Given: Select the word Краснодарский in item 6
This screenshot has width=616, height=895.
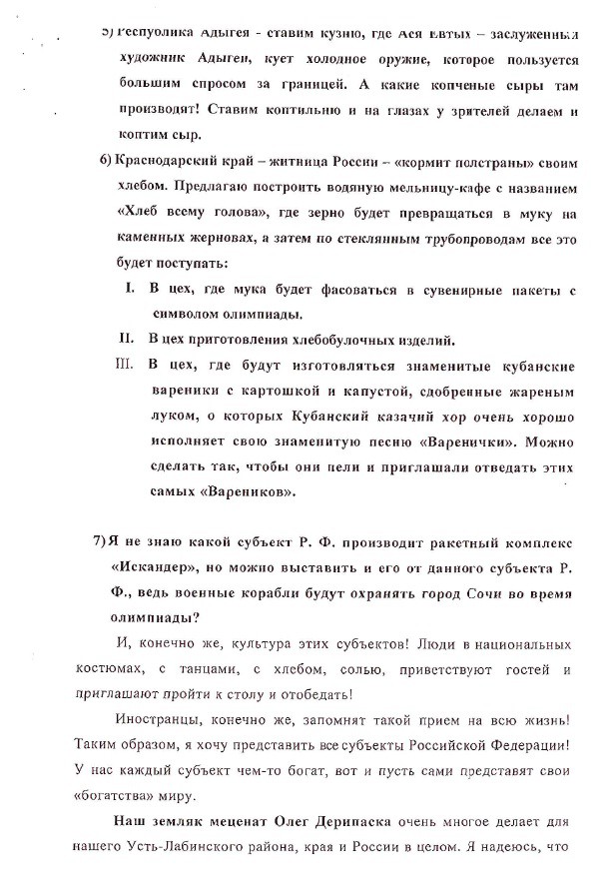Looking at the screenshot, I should (170, 162).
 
